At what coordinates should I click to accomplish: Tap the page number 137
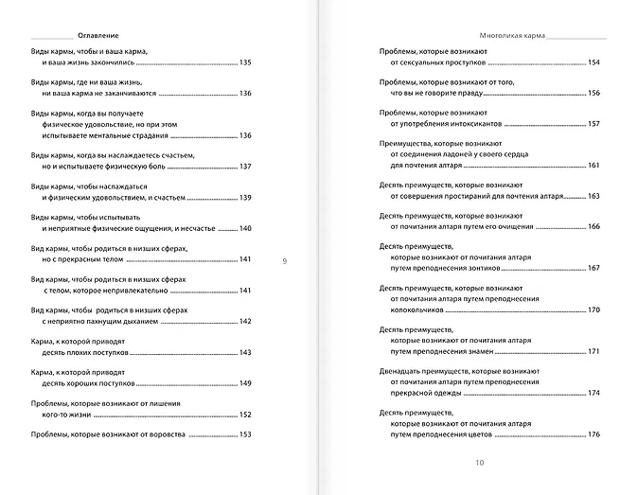point(246,167)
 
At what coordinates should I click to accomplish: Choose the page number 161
point(594,166)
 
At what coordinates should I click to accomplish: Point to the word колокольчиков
point(423,310)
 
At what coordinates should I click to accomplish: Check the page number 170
point(594,310)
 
